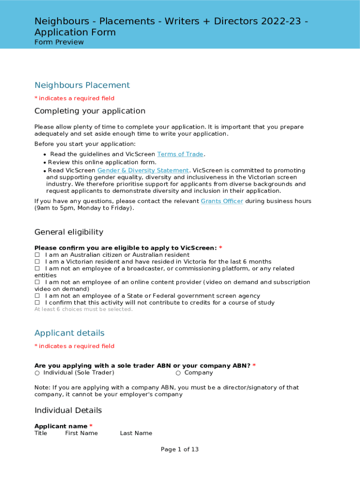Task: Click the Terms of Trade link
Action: click(180, 154)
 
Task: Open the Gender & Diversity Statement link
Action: click(143, 171)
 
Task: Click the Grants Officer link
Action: click(222, 201)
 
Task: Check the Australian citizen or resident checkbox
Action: click(37, 255)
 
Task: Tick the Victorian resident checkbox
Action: click(37, 262)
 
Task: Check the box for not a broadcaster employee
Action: click(37, 269)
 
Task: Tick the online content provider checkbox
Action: click(37, 282)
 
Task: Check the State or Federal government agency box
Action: click(37, 296)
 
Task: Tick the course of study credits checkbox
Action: click(37, 303)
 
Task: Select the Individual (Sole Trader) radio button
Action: click(37, 373)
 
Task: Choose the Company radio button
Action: click(178, 373)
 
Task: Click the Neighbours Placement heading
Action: click(82, 85)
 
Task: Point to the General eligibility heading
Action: click(69, 232)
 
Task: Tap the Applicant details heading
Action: click(69, 333)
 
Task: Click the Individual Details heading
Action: click(68, 410)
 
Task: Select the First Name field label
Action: click(81, 433)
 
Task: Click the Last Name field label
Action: click(136, 433)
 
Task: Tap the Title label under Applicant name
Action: click(41, 433)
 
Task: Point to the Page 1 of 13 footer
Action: click(180, 450)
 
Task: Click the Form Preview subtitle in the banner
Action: click(59, 42)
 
